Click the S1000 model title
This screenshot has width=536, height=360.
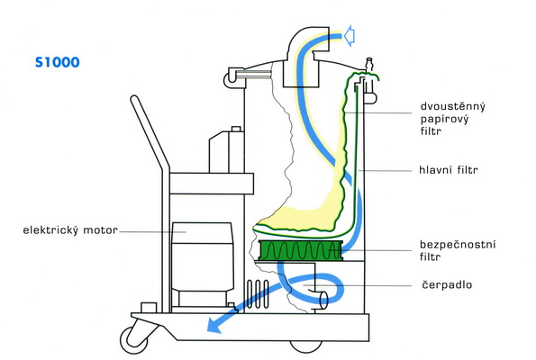tap(58, 62)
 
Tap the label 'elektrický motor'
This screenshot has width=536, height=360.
tap(70, 230)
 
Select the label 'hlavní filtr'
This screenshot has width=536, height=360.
tap(448, 170)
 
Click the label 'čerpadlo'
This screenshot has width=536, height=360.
tap(447, 284)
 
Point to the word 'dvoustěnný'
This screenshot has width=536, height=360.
tap(453, 106)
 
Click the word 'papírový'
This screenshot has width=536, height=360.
tap(444, 119)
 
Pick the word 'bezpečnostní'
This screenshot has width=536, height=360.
tap(458, 245)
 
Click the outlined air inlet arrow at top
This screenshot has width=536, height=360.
tap(349, 35)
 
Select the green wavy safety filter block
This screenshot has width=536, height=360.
tap(301, 250)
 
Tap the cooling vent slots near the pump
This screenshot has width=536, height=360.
tap(258, 294)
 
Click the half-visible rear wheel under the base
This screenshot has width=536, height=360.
tap(306, 346)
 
